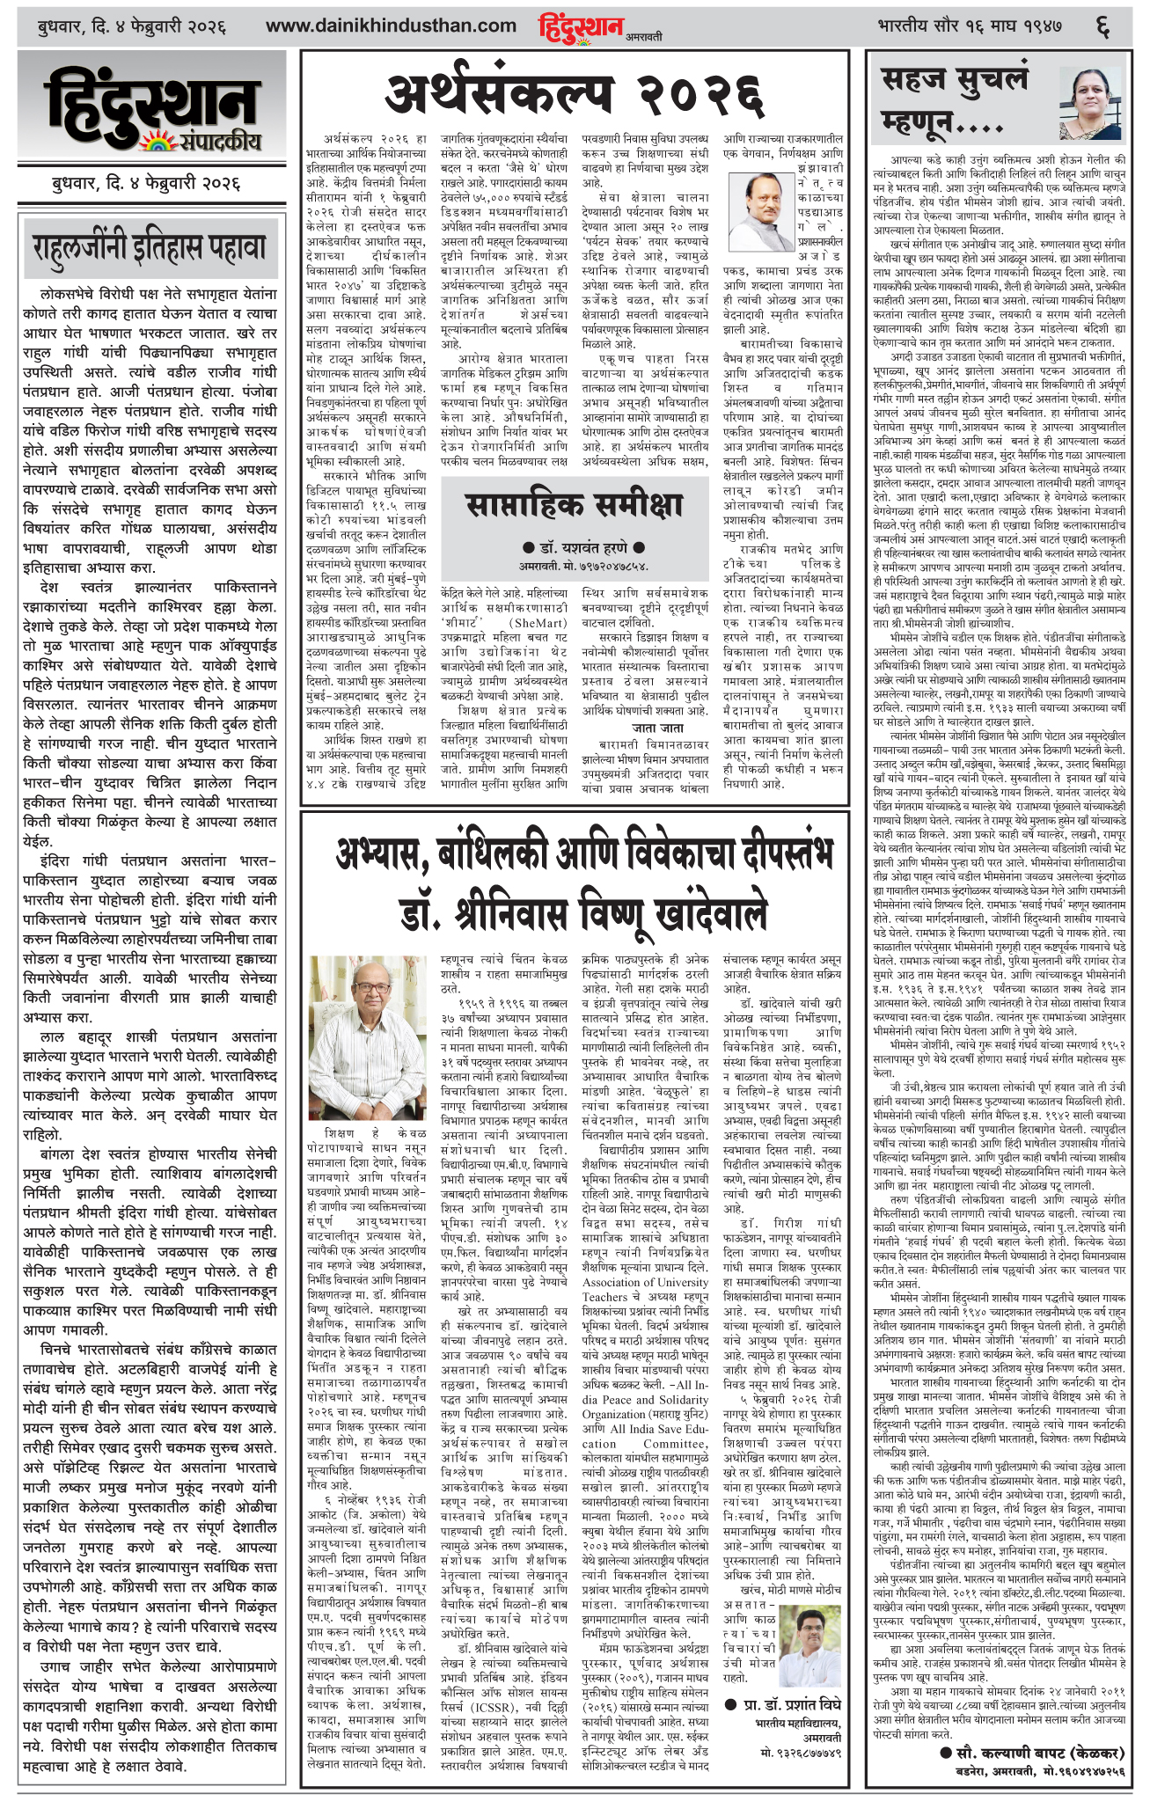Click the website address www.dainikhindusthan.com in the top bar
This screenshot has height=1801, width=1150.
[391, 26]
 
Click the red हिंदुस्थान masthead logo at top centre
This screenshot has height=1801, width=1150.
[581, 27]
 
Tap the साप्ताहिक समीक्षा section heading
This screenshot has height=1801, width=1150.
[573, 504]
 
